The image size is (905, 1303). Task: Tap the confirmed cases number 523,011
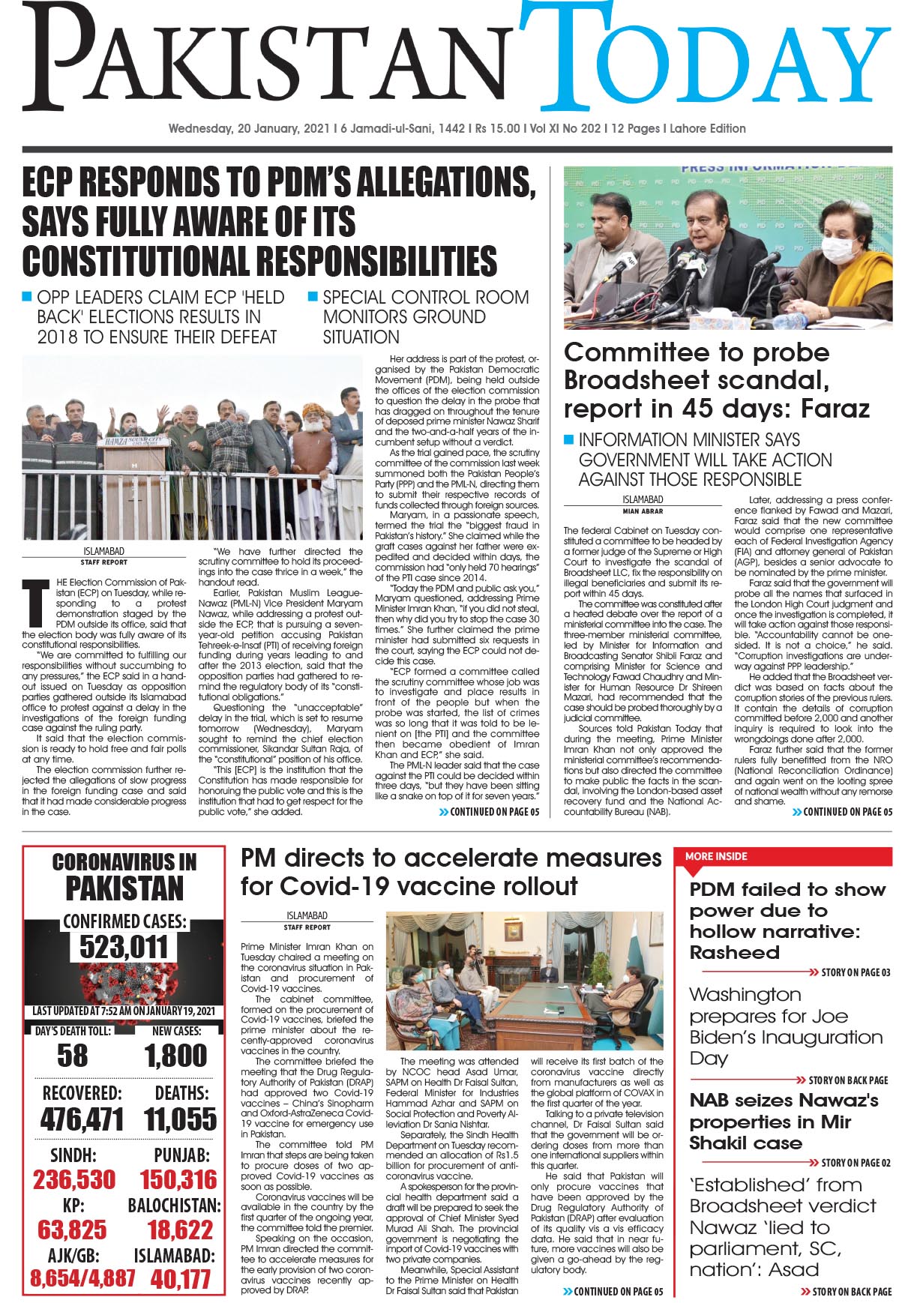click(124, 947)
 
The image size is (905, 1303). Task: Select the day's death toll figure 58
click(72, 1056)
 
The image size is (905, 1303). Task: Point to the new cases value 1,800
click(176, 1056)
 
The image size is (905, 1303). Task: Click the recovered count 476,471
click(82, 1119)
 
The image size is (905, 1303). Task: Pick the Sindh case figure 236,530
click(74, 1179)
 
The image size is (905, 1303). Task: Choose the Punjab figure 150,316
click(178, 1179)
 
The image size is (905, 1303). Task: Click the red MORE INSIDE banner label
click(716, 856)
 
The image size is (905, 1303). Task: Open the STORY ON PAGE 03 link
click(855, 972)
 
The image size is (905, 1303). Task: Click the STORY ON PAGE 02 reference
click(855, 1163)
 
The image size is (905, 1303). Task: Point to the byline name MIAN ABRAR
click(643, 511)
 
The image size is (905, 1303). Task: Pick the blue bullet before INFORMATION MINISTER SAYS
click(569, 439)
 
